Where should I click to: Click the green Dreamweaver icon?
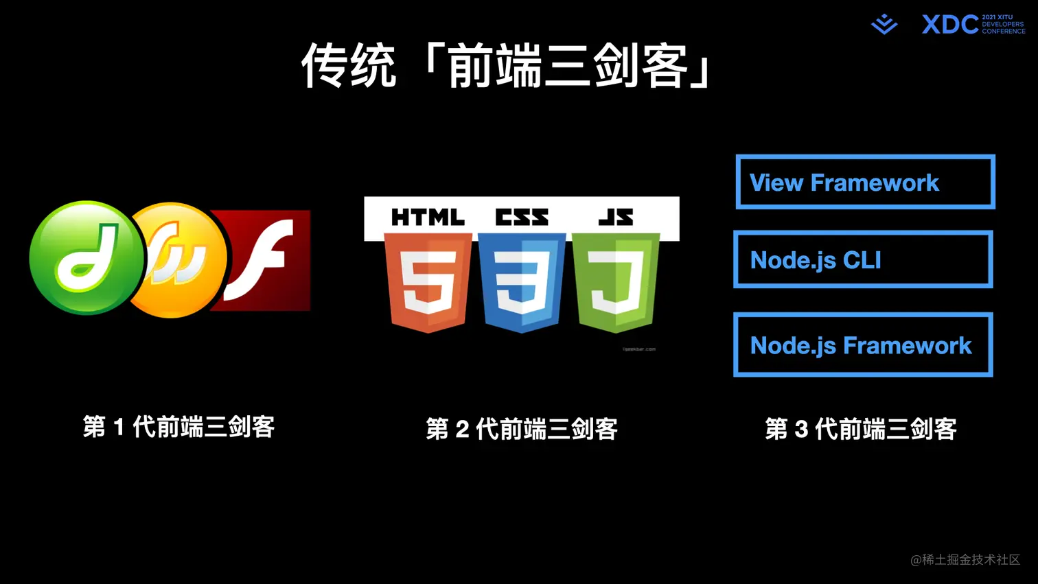(x=86, y=258)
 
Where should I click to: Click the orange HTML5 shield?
(x=428, y=282)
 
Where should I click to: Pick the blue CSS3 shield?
(x=522, y=282)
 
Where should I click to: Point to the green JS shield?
(x=616, y=282)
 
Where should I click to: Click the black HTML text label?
(x=428, y=218)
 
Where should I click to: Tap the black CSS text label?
(x=522, y=218)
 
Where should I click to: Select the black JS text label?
(x=616, y=218)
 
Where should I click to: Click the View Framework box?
(x=865, y=183)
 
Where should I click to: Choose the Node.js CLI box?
(x=863, y=260)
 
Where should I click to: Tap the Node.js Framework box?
(x=863, y=345)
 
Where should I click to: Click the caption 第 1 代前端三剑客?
(x=178, y=427)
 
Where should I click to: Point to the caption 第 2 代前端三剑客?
(x=522, y=429)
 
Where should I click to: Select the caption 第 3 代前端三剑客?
(x=861, y=429)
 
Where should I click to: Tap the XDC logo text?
(x=950, y=25)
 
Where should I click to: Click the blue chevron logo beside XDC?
(x=884, y=25)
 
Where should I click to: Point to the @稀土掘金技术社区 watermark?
(x=965, y=560)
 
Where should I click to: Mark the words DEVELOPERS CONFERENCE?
(x=1003, y=27)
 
